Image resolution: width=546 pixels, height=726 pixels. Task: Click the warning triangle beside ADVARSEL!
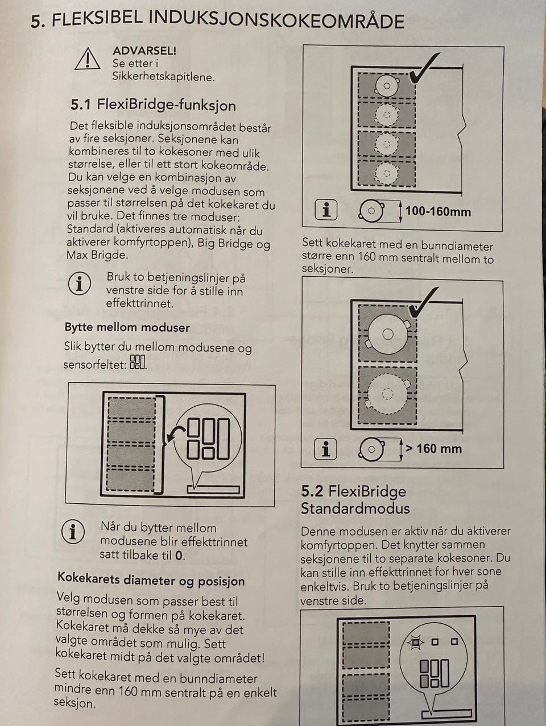(x=88, y=59)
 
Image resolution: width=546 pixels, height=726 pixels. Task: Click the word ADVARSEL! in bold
(x=144, y=51)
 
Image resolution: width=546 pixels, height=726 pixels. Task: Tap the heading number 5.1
(x=80, y=105)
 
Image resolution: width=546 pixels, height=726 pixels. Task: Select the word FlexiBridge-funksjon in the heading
(x=167, y=106)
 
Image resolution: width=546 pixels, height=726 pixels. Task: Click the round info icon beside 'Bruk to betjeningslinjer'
(x=80, y=283)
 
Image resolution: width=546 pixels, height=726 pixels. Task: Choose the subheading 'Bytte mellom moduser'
(x=127, y=327)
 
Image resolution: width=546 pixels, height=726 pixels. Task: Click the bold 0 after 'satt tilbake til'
(x=179, y=556)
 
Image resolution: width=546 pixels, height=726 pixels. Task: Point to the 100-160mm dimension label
(x=438, y=211)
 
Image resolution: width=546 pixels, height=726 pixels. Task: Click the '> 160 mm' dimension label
(x=433, y=449)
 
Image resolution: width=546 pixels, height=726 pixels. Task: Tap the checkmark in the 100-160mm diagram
(x=424, y=69)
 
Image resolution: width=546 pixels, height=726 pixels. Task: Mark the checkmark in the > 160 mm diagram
(x=423, y=302)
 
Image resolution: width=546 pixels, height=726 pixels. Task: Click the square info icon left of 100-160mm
(x=326, y=210)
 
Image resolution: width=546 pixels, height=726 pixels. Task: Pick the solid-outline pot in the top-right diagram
(x=387, y=85)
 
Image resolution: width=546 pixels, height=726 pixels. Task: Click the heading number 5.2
(x=312, y=491)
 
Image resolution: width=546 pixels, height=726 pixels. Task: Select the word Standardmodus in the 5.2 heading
(x=355, y=508)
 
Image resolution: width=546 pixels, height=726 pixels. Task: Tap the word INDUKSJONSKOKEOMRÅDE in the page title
(x=277, y=21)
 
